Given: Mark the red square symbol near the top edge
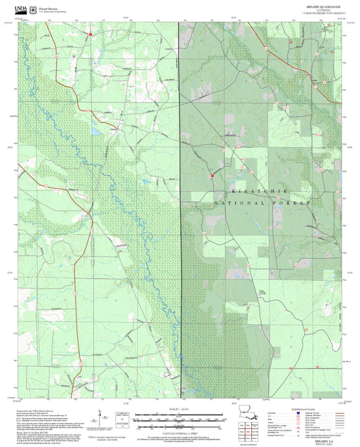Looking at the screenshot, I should click(89, 31).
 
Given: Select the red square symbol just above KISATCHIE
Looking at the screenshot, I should click(212, 174).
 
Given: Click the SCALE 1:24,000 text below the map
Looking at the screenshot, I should click(180, 409).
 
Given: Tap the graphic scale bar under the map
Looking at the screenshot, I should click(180, 418).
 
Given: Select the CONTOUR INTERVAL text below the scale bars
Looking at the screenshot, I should click(180, 429).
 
